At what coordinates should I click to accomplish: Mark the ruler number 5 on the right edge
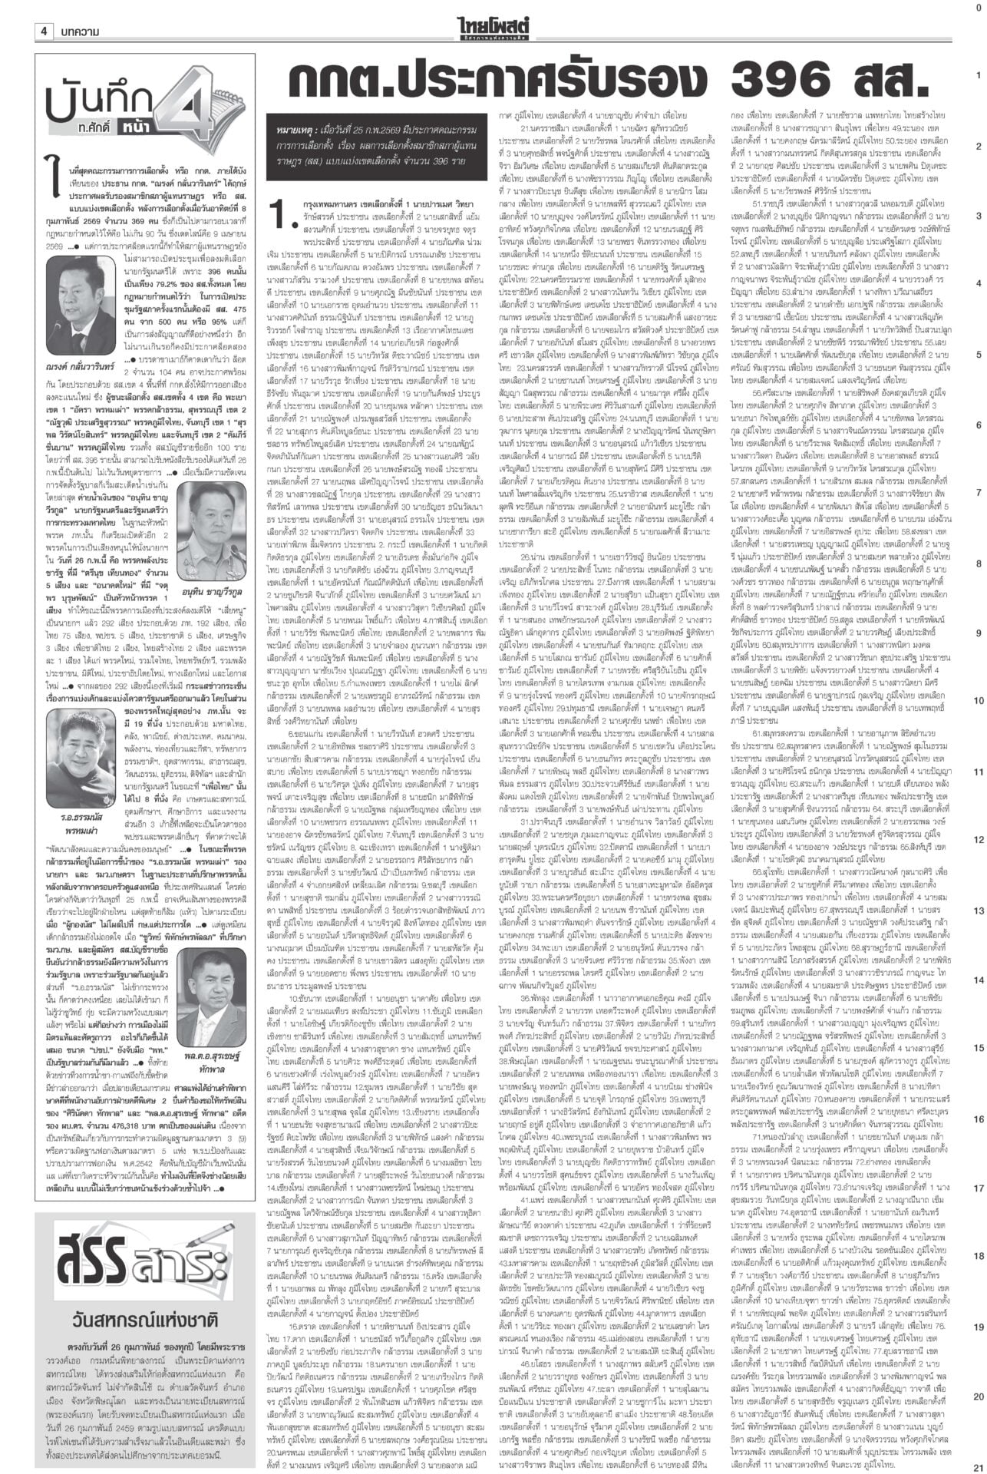click(979, 355)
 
